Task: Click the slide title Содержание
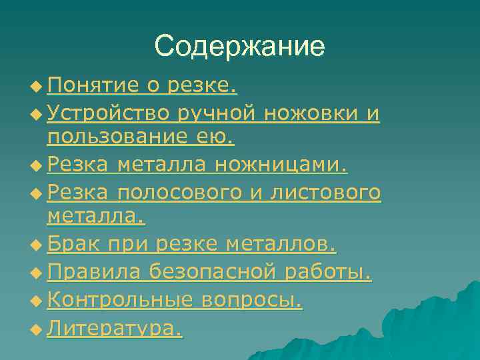(x=239, y=46)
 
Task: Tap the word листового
(x=326, y=193)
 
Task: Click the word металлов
(x=281, y=246)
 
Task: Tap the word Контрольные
(x=120, y=301)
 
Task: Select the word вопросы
(x=251, y=301)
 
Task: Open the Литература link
(x=115, y=328)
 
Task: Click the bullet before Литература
(x=35, y=329)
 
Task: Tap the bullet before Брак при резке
(x=35, y=247)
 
